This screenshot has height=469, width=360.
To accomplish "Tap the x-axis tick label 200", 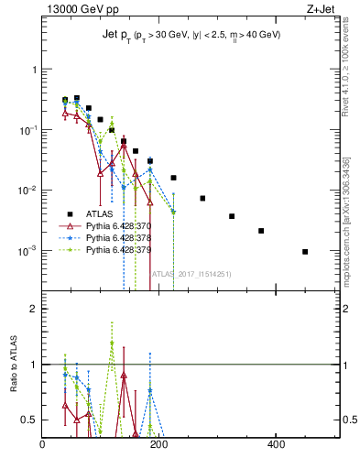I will click(159, 445).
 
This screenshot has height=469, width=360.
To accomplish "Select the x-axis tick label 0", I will click(43, 445).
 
